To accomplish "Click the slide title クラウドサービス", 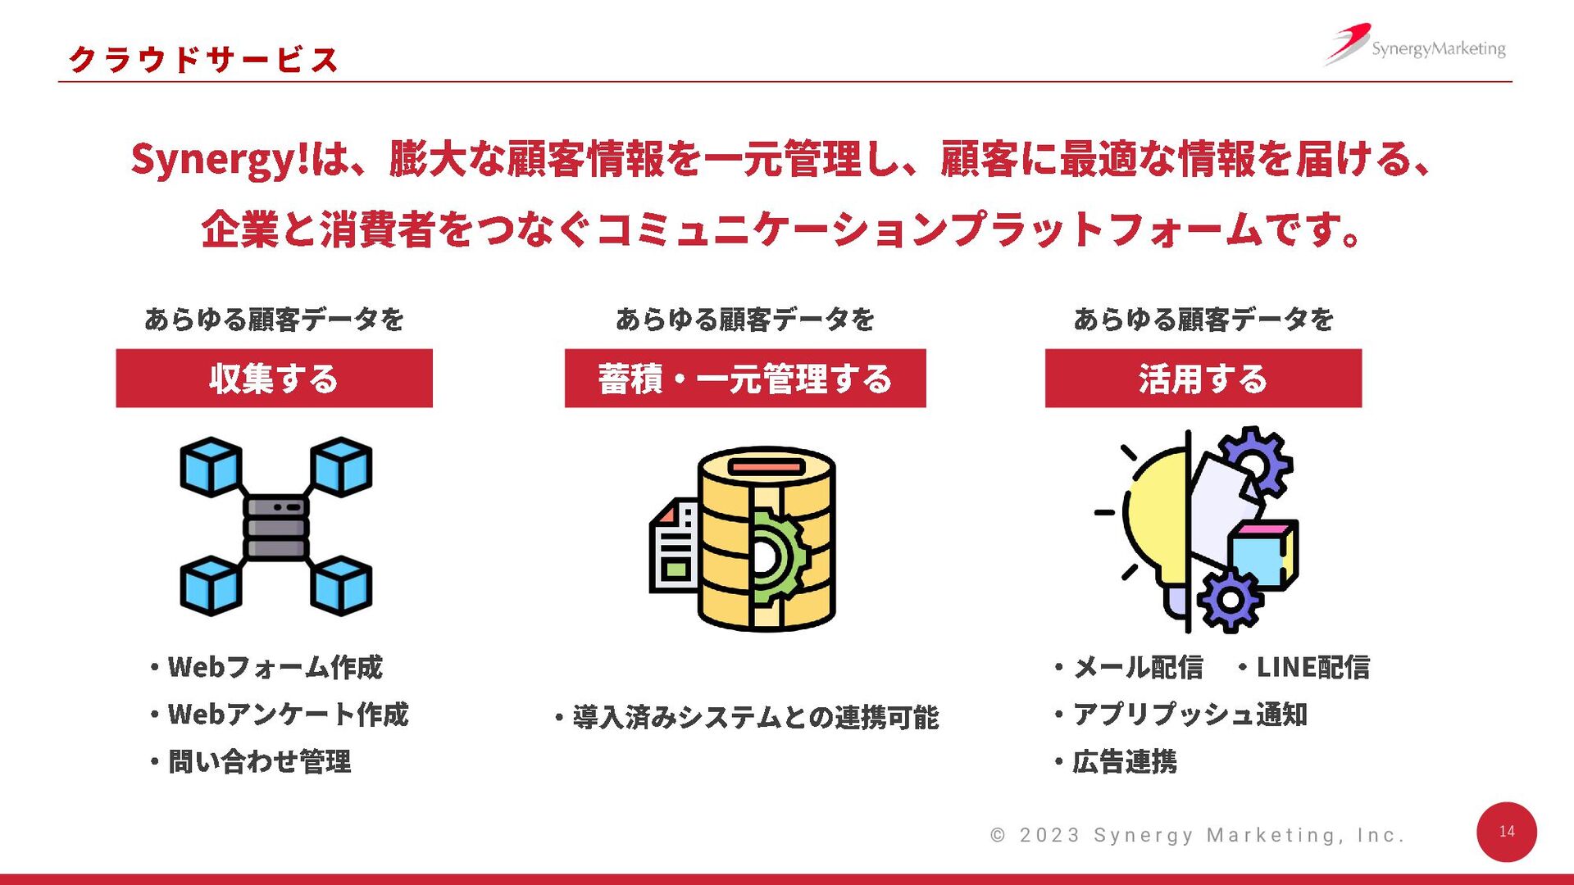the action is pos(203,60).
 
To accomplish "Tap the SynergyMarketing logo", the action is pos(1417,46).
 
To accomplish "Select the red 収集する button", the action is pos(274,379).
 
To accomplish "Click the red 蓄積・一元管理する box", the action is pos(744,379).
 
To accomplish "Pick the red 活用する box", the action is pos(1203,379).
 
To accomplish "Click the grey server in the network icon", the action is pos(276,528).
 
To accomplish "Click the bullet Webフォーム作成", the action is pos(275,668).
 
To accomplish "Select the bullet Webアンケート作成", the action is pos(287,715).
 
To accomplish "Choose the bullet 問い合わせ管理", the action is pos(259,762).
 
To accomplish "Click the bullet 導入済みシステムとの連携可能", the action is pos(755,718).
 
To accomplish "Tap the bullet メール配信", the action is pos(1137,668).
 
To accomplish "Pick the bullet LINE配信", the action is pos(1312,668).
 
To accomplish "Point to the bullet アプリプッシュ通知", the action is pos(1189,715).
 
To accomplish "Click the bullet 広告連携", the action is pos(1124,762).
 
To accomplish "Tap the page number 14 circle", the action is pos(1506,832).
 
